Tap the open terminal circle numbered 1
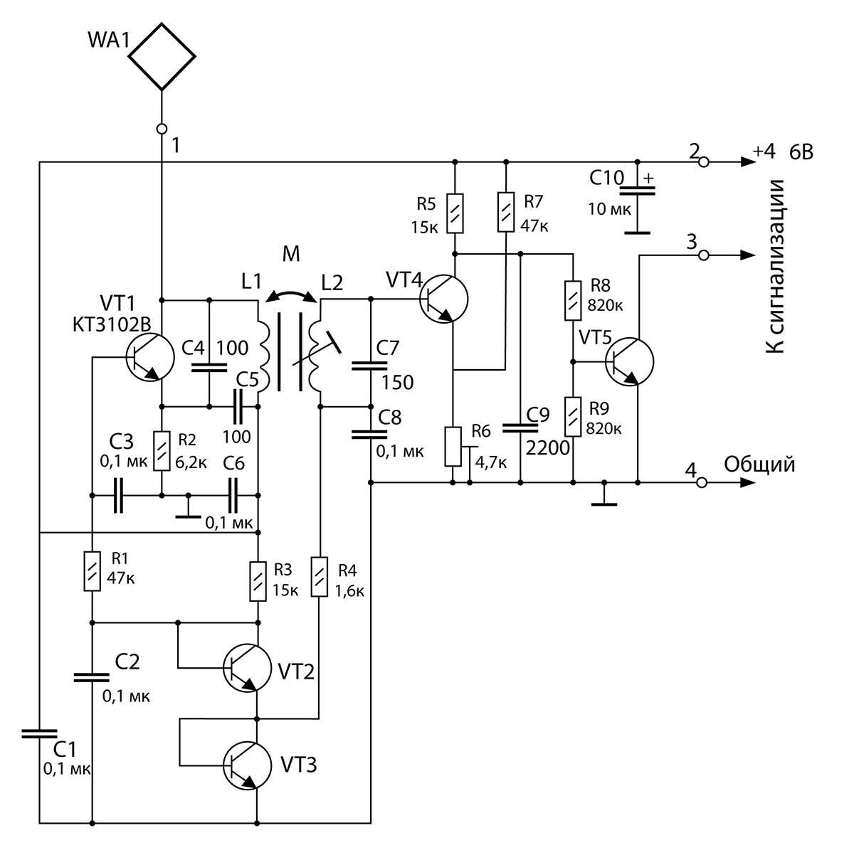tap(162, 129)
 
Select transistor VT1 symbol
tap(149, 358)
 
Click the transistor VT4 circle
tap(444, 299)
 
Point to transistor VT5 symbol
tap(629, 362)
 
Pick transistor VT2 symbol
tap(247, 668)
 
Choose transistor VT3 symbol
tap(247, 766)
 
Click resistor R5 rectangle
tap(455, 213)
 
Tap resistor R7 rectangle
tap(506, 212)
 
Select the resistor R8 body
tap(573, 301)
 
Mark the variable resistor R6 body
tap(453, 447)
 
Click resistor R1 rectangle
tap(92, 571)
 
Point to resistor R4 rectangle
tap(320, 577)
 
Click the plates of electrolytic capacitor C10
tap(637, 191)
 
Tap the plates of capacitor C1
tap(40, 733)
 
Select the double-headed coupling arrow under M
tap(291, 293)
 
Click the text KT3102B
tap(112, 324)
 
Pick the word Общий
tap(759, 465)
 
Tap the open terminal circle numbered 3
tap(704, 255)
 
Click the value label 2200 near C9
tap(547, 447)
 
